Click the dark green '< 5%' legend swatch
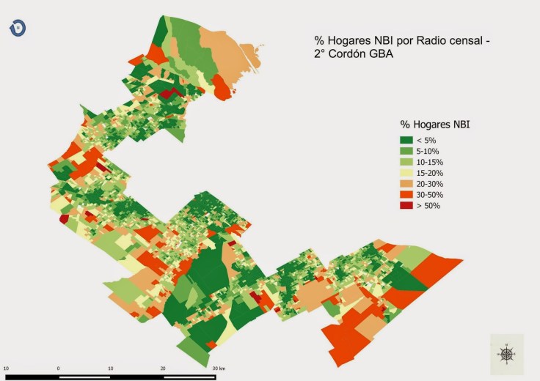click(x=406, y=140)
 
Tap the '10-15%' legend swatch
click(x=406, y=162)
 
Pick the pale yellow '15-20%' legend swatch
click(x=406, y=173)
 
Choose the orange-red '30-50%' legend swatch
click(x=406, y=195)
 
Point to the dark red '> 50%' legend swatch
click(x=406, y=206)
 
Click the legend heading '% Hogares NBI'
click(x=434, y=125)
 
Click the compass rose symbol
click(x=506, y=354)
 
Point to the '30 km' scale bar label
click(x=219, y=368)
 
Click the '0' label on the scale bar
click(x=58, y=368)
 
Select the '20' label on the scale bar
click(x=163, y=368)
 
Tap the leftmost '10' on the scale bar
click(x=6, y=368)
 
